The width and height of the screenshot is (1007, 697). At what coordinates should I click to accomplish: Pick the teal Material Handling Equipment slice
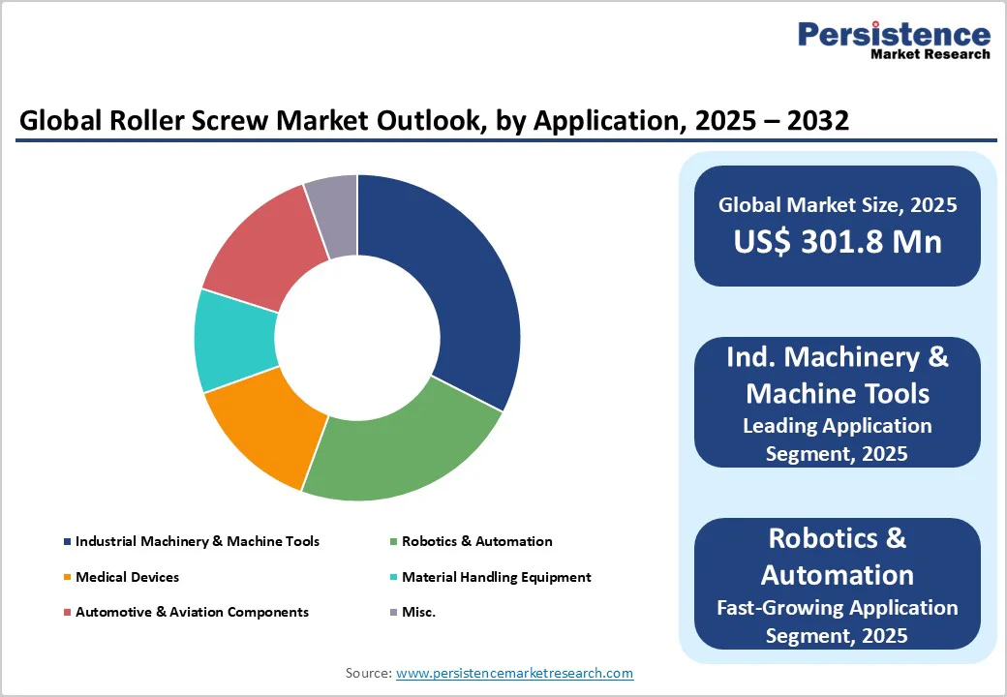click(232, 339)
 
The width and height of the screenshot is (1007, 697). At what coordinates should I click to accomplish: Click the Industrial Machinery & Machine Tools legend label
click(198, 541)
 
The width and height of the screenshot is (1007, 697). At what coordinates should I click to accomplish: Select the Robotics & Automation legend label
click(476, 541)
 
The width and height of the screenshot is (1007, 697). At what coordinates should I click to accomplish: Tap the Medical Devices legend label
click(127, 577)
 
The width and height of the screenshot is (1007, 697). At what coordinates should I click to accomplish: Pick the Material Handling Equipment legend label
click(496, 577)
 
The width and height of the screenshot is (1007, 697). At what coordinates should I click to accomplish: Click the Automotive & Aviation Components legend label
click(192, 612)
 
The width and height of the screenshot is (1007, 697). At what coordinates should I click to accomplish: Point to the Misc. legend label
click(418, 612)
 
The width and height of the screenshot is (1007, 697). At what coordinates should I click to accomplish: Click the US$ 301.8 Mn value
click(838, 241)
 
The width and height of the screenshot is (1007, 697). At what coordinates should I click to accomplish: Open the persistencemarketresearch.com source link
click(514, 673)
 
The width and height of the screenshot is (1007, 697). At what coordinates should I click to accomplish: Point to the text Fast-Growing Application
click(838, 608)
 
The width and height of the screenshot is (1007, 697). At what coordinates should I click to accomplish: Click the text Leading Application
click(838, 426)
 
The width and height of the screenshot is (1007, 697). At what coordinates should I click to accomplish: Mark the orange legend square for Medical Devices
click(67, 578)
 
